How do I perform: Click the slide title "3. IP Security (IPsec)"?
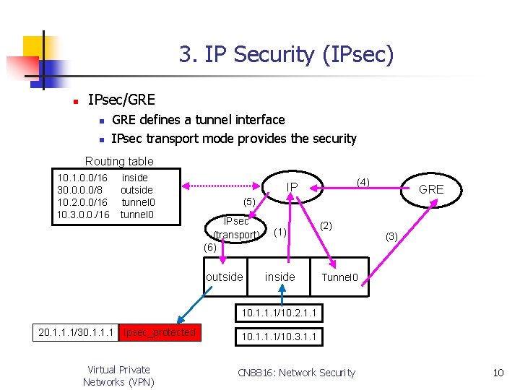click(286, 54)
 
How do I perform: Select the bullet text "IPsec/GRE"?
click(121, 100)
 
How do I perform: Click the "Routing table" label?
click(119, 161)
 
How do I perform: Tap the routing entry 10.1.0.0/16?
click(82, 178)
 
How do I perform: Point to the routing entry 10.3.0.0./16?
click(83, 214)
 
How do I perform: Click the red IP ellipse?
click(292, 188)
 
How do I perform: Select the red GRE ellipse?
click(431, 189)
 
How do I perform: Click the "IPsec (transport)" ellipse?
click(236, 227)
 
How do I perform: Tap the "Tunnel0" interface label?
click(339, 277)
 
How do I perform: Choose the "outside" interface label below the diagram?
click(225, 277)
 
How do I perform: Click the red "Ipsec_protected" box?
click(160, 332)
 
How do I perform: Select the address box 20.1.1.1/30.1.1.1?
click(76, 332)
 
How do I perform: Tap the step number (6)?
click(210, 247)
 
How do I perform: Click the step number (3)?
click(392, 236)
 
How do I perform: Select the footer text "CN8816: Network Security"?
click(296, 373)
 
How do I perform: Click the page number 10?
click(498, 373)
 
